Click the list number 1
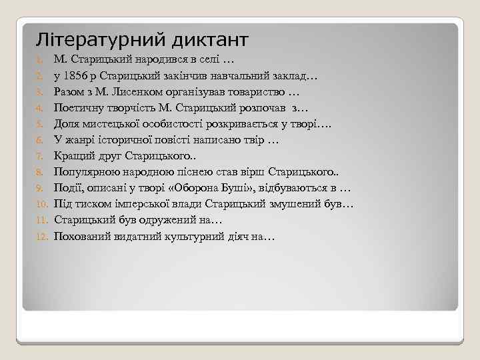click(40, 60)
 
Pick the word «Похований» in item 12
click(80, 236)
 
